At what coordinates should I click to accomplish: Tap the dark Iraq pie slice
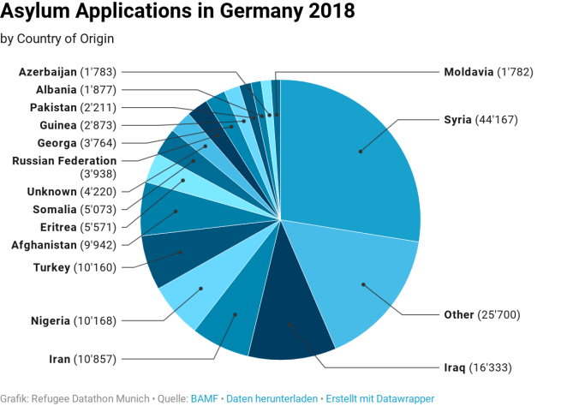click(291, 325)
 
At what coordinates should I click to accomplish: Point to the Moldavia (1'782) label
click(488, 72)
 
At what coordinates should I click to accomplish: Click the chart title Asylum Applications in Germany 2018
click(177, 14)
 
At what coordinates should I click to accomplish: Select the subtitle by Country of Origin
click(57, 39)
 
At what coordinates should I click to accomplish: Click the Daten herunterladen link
click(272, 398)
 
